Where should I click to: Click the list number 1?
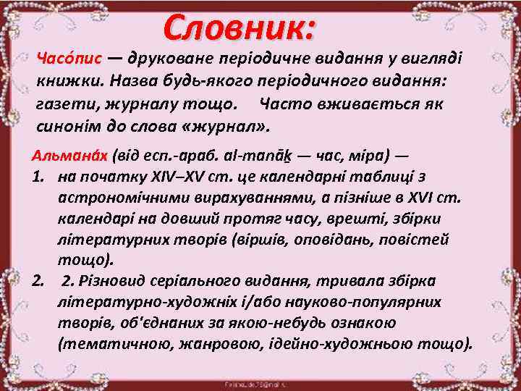coord(39,177)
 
